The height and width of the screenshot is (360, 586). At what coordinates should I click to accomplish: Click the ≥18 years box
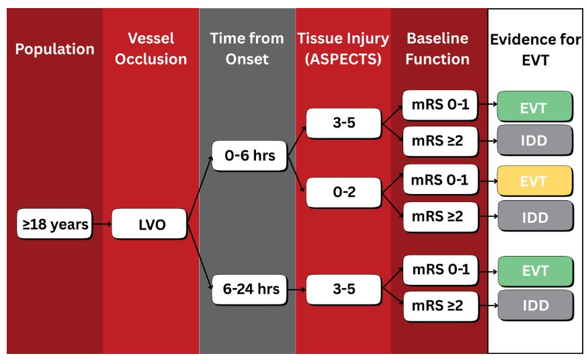tap(54, 224)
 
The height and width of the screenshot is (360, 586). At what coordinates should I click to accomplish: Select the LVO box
tap(149, 224)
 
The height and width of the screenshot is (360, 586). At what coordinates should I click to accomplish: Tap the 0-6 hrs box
tap(249, 156)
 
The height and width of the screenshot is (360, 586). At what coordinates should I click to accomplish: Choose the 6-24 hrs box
tap(249, 289)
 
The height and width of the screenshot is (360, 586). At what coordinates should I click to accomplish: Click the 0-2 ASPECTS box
tap(344, 192)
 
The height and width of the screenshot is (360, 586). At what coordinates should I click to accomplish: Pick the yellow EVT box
tap(535, 181)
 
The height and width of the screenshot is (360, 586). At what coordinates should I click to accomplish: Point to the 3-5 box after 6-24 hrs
tap(344, 289)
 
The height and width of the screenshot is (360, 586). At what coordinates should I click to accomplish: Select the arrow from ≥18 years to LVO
tap(102, 224)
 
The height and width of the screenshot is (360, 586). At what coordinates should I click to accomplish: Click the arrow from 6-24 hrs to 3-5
tap(296, 289)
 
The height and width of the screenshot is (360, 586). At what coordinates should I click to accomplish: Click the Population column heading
tap(54, 49)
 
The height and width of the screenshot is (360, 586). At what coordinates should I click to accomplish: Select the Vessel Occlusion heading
tap(151, 48)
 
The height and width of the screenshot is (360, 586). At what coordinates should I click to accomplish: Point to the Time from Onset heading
tap(247, 48)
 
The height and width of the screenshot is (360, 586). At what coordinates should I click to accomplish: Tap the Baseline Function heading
tap(437, 48)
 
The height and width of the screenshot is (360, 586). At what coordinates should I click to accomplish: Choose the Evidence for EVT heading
tap(536, 50)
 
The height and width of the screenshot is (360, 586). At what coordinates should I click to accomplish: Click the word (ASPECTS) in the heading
tap(343, 59)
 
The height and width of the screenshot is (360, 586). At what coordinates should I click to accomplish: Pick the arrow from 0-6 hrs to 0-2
tap(296, 175)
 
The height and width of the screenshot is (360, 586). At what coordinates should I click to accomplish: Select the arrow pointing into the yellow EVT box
tap(488, 181)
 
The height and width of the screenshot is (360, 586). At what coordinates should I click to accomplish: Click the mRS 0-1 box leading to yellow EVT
tap(441, 179)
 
